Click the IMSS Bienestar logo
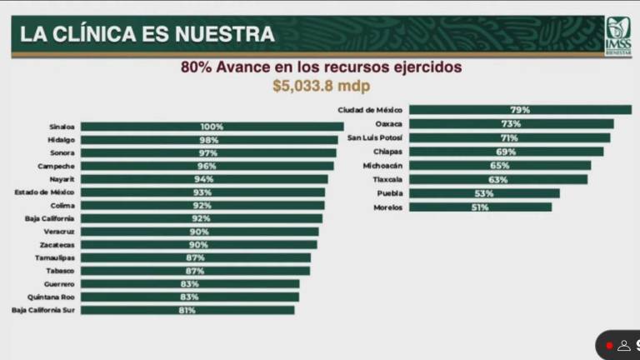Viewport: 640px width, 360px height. [x=617, y=35]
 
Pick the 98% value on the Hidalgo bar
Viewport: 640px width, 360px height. [x=208, y=140]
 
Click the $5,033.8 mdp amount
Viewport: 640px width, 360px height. [x=321, y=85]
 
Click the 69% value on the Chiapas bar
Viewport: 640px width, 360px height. [x=506, y=152]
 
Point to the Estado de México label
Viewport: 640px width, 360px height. [x=44, y=192]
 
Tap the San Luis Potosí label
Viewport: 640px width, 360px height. [x=375, y=137]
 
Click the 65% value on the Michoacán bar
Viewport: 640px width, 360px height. [x=499, y=165]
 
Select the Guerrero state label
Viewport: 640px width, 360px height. [x=58, y=283]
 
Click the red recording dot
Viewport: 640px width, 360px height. [x=609, y=345]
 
